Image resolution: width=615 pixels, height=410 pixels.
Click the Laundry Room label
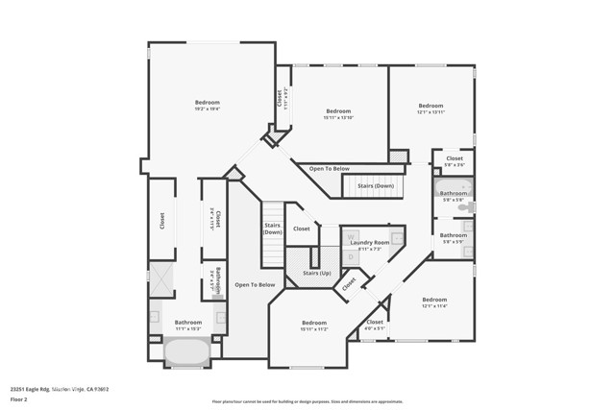(369, 243)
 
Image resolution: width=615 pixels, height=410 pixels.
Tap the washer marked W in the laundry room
(352, 235)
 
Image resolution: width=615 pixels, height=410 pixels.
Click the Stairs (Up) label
(316, 273)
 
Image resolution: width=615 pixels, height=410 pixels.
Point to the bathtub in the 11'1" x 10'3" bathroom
(187, 351)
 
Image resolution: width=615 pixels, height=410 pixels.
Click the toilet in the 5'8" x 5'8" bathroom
(464, 205)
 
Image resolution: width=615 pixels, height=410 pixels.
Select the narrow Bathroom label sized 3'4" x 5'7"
(218, 278)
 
